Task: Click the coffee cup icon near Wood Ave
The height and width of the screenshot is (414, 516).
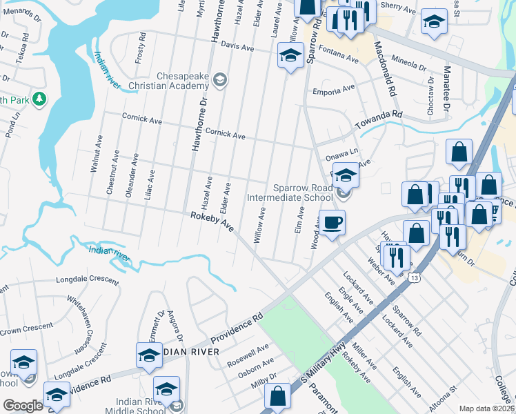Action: coord(332,223)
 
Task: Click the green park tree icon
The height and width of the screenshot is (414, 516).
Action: coord(40,100)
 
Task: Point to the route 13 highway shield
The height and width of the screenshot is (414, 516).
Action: coord(413,277)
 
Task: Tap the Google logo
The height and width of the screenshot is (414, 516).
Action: coord(23,406)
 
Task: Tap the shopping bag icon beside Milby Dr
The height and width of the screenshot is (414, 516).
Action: coord(277,397)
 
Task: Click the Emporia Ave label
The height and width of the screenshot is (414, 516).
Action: coord(333,88)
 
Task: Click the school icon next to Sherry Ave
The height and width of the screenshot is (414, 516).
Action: coord(434,21)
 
